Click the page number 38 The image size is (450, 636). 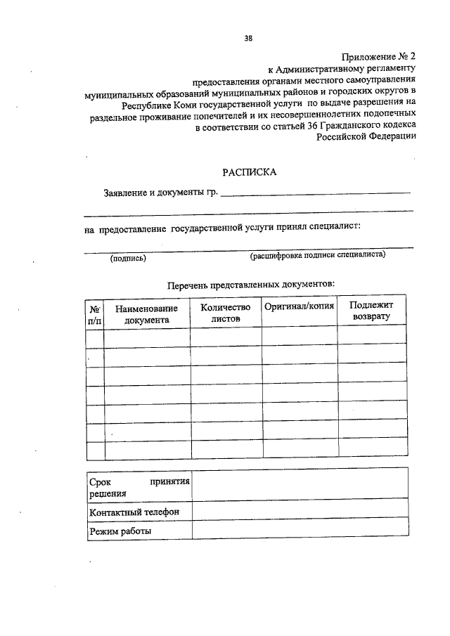point(248,39)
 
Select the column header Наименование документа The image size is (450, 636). point(147,313)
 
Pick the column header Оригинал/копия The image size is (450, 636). point(300,306)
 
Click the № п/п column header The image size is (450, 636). point(94,313)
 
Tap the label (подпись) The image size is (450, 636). point(128,258)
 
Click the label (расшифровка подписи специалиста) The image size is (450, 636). point(317,256)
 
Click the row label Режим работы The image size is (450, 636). point(120,531)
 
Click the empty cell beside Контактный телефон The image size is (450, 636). point(299,512)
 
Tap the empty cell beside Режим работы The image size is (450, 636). point(299,531)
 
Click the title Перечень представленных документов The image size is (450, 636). point(251,285)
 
